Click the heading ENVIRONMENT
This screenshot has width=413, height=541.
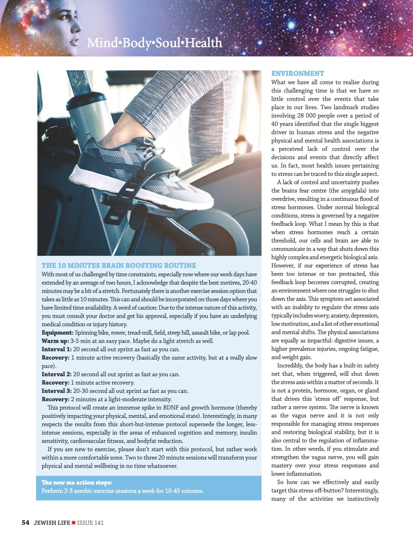[x=297, y=74]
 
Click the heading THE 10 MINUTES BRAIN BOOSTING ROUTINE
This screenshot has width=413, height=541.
[x=119, y=266]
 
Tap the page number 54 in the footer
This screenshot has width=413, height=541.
[x=26, y=522]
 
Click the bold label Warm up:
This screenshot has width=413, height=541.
[x=55, y=341]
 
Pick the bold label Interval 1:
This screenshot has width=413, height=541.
[x=56, y=349]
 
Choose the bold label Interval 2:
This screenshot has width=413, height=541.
[x=56, y=374]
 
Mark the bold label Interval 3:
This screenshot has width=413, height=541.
[x=56, y=391]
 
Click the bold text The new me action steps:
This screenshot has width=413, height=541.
[x=74, y=483]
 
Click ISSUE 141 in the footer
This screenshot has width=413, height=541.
[x=90, y=522]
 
